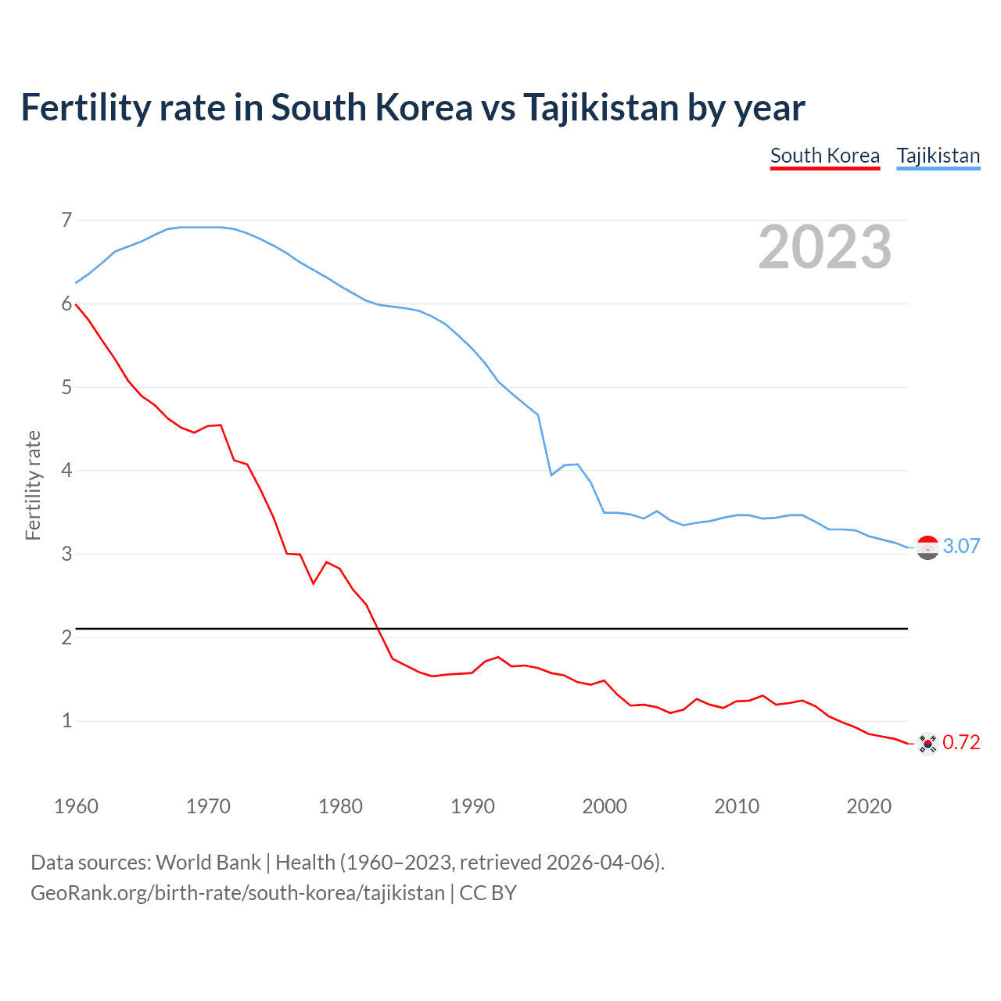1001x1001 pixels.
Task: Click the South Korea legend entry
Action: pyautogui.click(x=824, y=156)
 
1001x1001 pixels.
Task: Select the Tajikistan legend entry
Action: pyautogui.click(x=938, y=156)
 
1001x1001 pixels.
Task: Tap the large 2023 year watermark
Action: pyautogui.click(x=824, y=247)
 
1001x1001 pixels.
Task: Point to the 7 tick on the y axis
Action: pyautogui.click(x=66, y=220)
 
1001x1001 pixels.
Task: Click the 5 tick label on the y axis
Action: pyautogui.click(x=66, y=387)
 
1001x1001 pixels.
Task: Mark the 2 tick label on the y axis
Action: pyautogui.click(x=66, y=637)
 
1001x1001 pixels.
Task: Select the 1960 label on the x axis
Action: pyautogui.click(x=76, y=806)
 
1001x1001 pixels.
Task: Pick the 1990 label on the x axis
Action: pyautogui.click(x=472, y=806)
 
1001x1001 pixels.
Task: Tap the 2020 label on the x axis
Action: pyautogui.click(x=869, y=806)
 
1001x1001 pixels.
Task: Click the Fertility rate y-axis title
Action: pyautogui.click(x=33, y=485)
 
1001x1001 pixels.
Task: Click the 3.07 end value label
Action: pyautogui.click(x=961, y=546)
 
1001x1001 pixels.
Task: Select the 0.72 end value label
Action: pyautogui.click(x=961, y=742)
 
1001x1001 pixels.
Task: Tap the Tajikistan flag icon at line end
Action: pyautogui.click(x=927, y=547)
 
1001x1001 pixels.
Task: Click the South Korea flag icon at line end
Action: pyautogui.click(x=927, y=744)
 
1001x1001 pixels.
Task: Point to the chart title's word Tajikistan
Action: pyautogui.click(x=600, y=108)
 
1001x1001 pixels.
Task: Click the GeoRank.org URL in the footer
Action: pyautogui.click(x=238, y=892)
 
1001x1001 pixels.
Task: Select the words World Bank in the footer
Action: pyautogui.click(x=208, y=862)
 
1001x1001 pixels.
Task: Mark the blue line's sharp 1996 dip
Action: pyautogui.click(x=551, y=475)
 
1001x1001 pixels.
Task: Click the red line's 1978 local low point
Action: pyautogui.click(x=314, y=583)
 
